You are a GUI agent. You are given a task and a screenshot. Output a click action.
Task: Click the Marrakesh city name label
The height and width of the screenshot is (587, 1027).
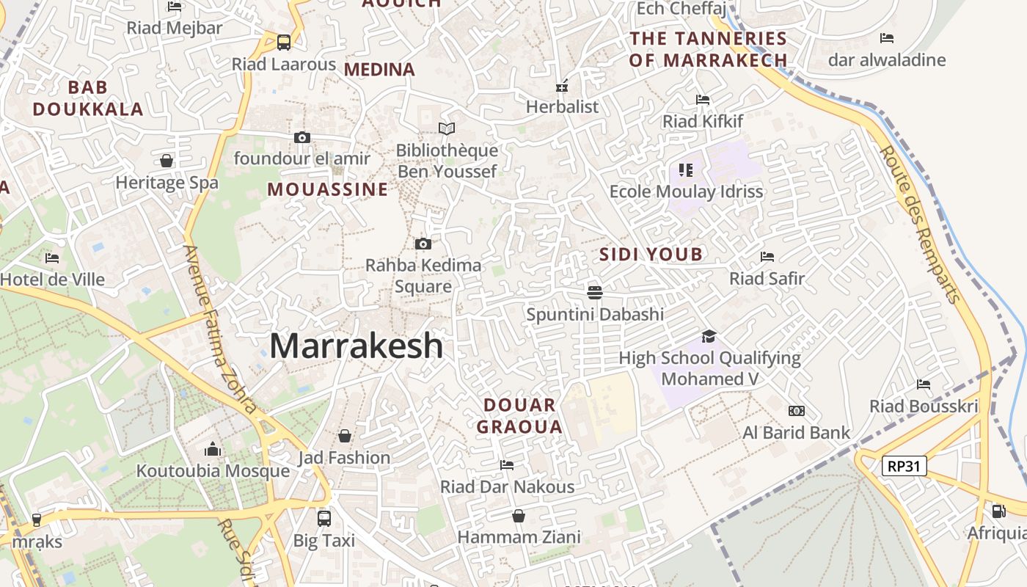(x=357, y=346)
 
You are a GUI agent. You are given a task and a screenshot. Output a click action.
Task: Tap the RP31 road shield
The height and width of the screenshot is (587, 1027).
(x=904, y=465)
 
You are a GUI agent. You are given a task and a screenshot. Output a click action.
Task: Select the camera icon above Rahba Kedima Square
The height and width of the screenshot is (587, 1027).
(x=423, y=244)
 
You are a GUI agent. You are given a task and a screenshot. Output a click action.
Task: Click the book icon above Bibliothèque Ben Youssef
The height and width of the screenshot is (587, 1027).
(x=447, y=129)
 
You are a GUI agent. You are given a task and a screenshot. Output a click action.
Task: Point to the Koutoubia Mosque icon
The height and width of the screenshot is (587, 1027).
(x=213, y=449)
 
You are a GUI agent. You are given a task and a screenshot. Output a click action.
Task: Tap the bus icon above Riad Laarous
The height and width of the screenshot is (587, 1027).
(x=284, y=43)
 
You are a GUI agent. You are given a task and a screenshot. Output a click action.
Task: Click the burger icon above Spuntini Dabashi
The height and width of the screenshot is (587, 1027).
(x=595, y=293)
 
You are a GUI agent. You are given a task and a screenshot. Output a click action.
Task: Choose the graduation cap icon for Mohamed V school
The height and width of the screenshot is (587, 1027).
(x=709, y=336)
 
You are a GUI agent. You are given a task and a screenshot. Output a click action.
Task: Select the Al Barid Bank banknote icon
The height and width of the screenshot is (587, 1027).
(x=796, y=411)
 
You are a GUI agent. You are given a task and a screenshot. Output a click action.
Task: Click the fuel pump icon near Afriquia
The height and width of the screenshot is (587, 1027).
(x=998, y=511)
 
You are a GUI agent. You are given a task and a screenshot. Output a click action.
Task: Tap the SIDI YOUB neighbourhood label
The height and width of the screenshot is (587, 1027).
(x=651, y=255)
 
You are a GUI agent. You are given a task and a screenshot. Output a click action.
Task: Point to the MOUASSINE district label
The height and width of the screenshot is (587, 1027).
(x=328, y=189)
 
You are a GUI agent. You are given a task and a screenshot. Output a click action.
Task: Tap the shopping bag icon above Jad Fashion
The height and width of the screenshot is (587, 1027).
(x=344, y=437)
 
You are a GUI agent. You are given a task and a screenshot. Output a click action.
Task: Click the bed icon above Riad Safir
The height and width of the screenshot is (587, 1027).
(x=767, y=257)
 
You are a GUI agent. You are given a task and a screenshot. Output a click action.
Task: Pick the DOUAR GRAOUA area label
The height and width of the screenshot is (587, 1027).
(x=519, y=416)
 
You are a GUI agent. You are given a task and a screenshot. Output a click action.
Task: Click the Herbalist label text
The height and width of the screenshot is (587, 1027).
(x=563, y=106)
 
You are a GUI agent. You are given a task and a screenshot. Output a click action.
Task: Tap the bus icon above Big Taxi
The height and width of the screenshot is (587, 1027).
(x=324, y=519)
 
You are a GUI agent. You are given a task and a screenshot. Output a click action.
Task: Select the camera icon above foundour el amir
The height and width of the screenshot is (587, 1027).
(x=301, y=137)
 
